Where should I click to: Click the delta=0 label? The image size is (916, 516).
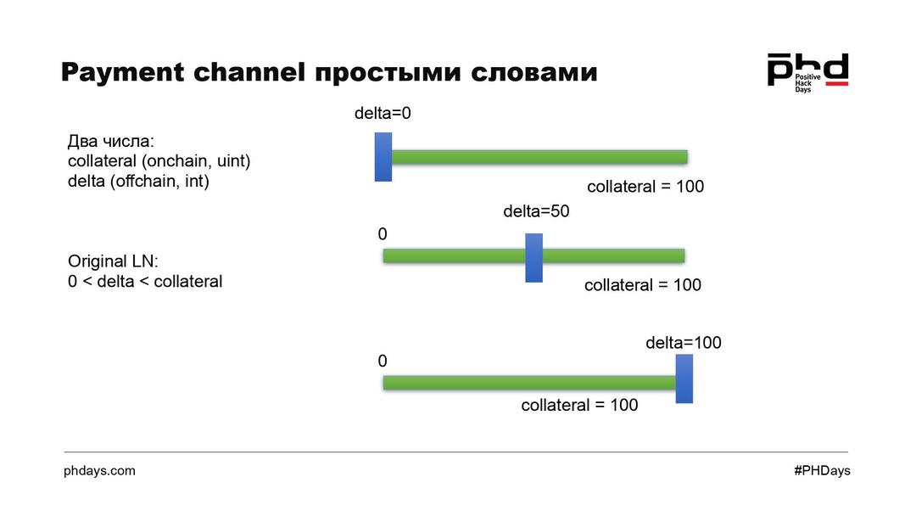383,113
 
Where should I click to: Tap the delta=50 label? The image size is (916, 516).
536,211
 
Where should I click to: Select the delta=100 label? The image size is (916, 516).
684,343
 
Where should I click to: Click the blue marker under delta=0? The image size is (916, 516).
383,157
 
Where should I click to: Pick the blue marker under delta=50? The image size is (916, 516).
533,257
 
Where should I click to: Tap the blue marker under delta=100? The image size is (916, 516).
684,379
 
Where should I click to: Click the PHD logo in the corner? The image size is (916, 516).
807,72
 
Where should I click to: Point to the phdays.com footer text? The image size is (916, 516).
99,470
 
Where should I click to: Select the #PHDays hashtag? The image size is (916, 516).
822,470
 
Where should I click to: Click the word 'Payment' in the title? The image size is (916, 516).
122,72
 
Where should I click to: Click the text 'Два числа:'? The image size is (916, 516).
110,142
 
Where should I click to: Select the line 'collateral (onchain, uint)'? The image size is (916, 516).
159,161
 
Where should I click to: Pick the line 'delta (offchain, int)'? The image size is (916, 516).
138,181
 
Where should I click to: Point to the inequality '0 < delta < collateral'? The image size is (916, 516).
145,282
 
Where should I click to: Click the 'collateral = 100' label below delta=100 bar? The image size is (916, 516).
579,406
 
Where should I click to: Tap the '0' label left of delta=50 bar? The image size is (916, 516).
383,233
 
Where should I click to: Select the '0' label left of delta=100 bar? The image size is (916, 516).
383,361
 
